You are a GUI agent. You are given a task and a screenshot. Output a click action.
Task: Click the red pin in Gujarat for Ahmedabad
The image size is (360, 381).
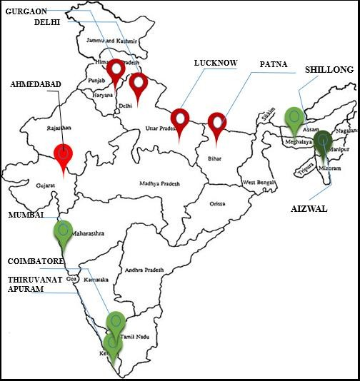[x=64, y=153]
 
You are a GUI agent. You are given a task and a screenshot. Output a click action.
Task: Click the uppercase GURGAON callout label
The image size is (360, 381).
[x=26, y=11]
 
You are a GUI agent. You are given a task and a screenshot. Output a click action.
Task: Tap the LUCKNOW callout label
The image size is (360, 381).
[x=216, y=63]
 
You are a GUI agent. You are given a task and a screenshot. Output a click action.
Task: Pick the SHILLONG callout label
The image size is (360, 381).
[x=329, y=70]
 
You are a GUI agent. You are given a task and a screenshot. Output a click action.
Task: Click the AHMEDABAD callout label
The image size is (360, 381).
[x=36, y=84]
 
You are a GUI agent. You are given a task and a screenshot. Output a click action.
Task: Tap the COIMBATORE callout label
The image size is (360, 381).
[x=36, y=261]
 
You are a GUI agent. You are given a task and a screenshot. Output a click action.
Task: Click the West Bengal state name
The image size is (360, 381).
[x=259, y=183]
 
